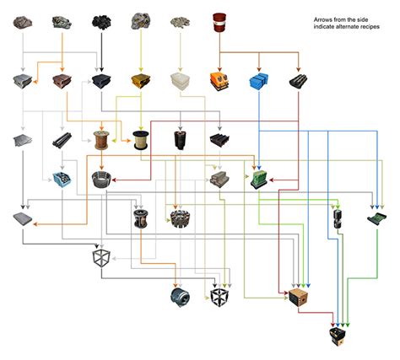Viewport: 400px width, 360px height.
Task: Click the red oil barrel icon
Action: tap(219, 22)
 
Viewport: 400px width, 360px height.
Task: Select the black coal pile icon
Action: tap(101, 22)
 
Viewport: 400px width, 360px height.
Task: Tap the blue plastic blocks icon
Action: tap(258, 82)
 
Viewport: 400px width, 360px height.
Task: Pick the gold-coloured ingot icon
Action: tap(141, 81)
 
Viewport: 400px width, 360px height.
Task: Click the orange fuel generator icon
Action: tap(219, 82)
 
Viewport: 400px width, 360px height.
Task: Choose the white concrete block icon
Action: tap(181, 81)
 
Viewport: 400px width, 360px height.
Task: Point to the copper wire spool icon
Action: tap(101, 140)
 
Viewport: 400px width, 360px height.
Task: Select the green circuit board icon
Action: tap(259, 180)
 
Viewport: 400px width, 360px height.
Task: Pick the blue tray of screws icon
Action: tap(62, 180)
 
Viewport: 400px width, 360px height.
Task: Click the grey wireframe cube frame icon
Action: tap(101, 258)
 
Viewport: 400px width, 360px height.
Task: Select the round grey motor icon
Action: tap(181, 298)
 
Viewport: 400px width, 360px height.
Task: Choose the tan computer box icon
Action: tap(299, 298)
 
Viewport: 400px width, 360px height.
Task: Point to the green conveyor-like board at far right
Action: tap(377, 218)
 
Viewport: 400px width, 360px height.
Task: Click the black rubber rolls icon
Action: tap(298, 81)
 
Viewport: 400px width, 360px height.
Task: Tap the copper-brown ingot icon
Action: tap(62, 81)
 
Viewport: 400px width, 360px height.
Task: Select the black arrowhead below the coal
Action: tap(101, 69)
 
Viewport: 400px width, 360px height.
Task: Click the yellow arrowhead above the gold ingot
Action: tap(141, 69)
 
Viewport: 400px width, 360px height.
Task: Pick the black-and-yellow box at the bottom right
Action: tap(338, 337)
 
